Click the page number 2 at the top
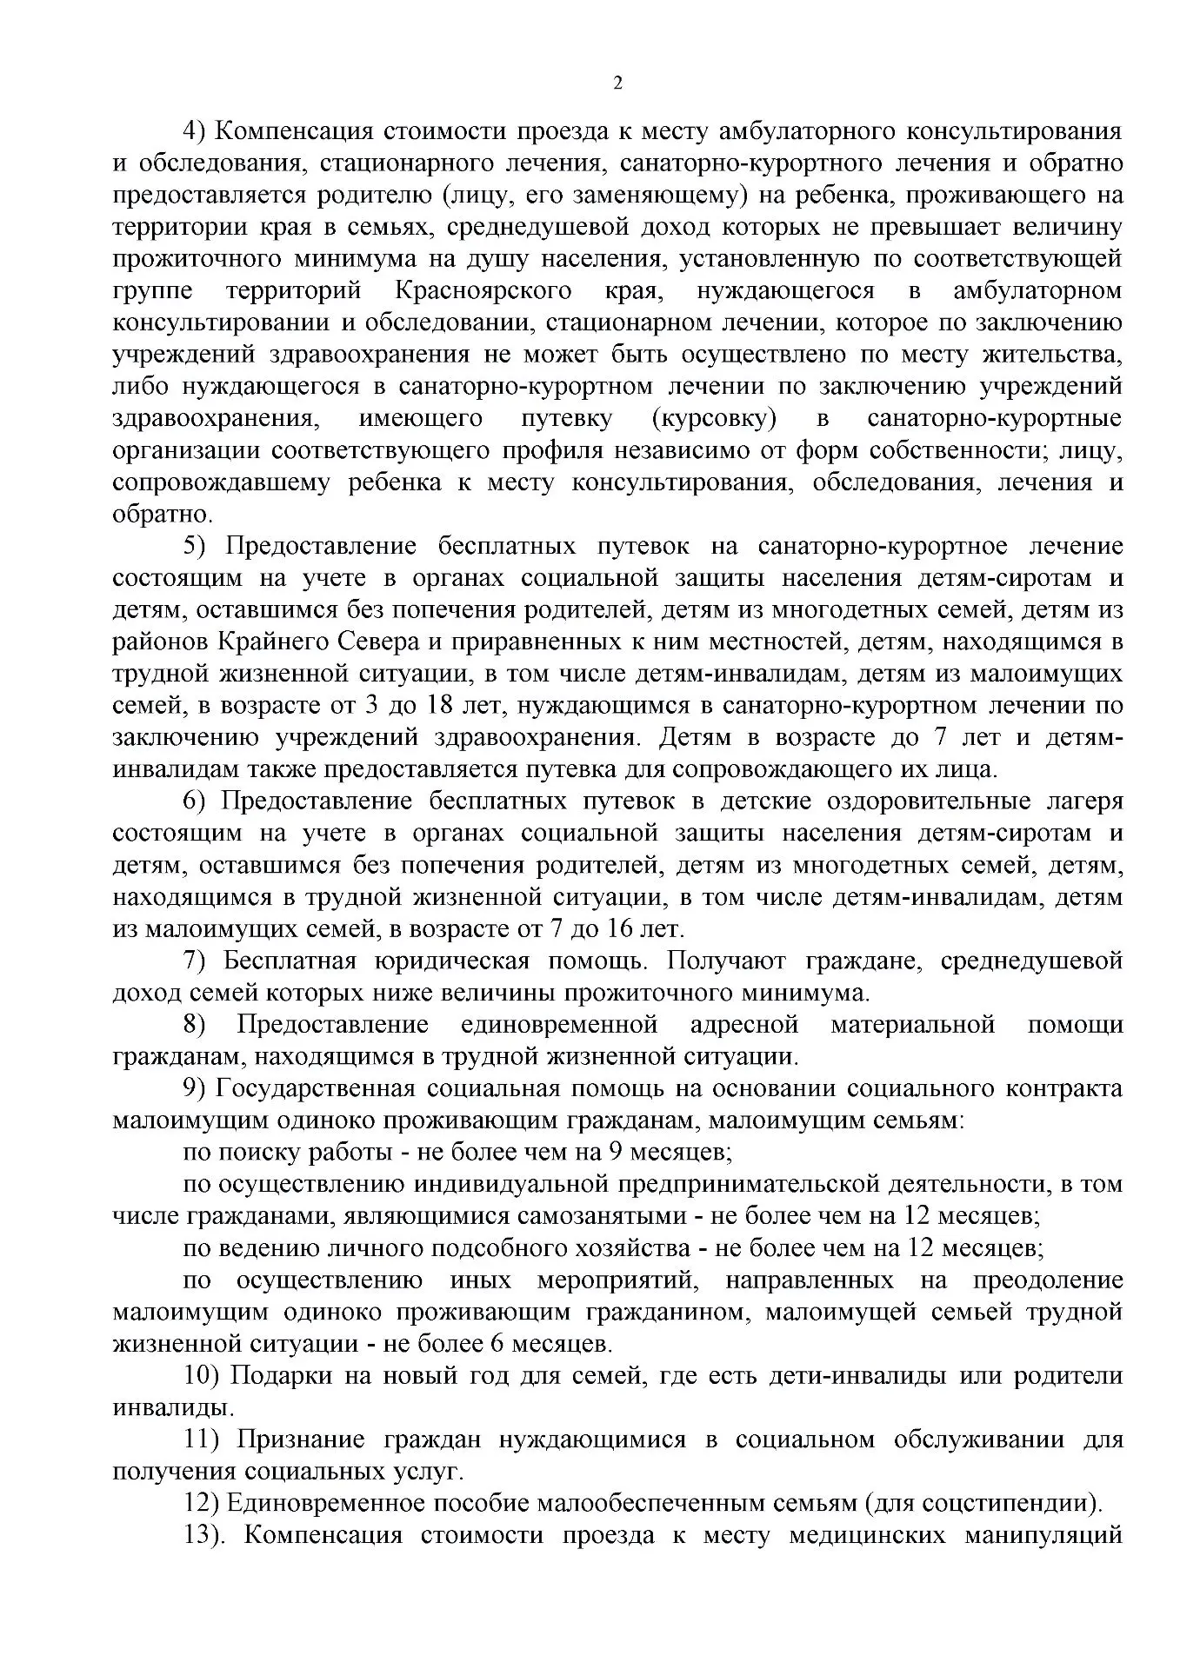618,84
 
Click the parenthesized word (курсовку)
713,418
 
